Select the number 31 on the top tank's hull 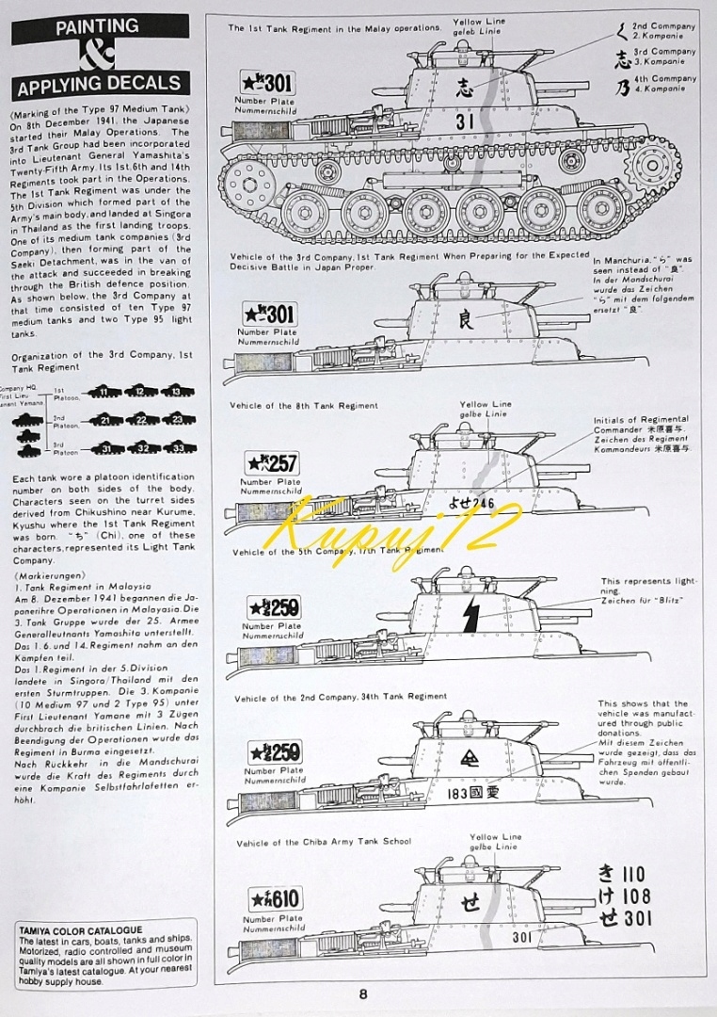[465, 121]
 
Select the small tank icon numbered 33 [173, 448]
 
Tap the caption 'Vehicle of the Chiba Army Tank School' [324, 843]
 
